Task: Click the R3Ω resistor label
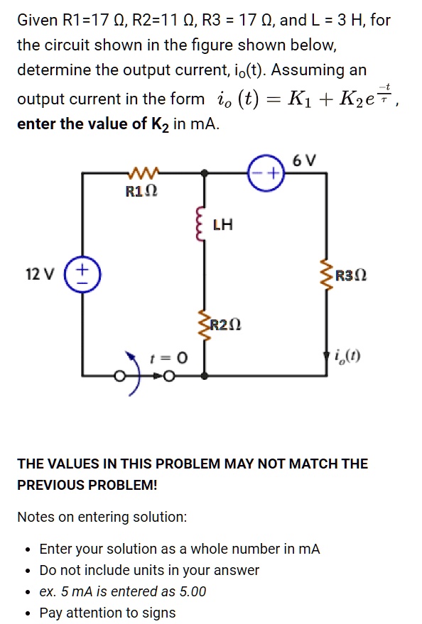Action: point(350,275)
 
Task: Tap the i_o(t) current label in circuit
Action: point(350,356)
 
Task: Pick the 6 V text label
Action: point(303,160)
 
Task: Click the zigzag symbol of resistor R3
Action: point(327,275)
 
